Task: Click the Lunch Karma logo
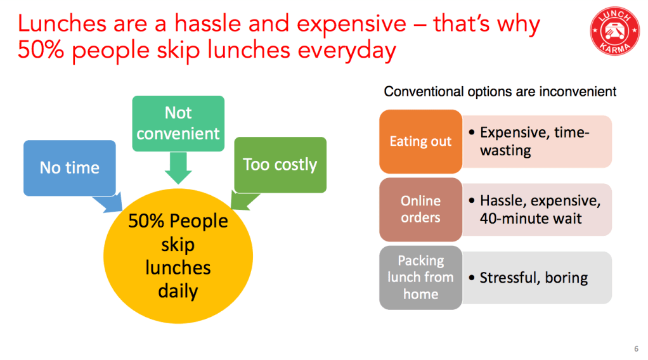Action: pos(614,30)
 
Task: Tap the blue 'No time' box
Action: pos(70,168)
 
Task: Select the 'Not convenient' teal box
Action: pos(178,124)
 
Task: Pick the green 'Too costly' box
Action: pos(280,165)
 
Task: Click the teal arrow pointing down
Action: pos(178,168)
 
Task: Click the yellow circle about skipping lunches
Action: pos(178,256)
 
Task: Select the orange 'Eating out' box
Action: pos(421,141)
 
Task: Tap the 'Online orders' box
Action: pos(421,210)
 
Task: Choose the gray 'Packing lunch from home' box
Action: pos(421,278)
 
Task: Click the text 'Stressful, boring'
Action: pos(533,278)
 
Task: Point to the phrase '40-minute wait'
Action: pos(531,219)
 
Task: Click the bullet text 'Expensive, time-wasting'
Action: pos(534,141)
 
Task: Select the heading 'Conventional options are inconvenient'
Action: pos(500,91)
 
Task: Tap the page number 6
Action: pos(636,349)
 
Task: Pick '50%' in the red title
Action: pos(41,50)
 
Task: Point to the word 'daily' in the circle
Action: pos(178,291)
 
